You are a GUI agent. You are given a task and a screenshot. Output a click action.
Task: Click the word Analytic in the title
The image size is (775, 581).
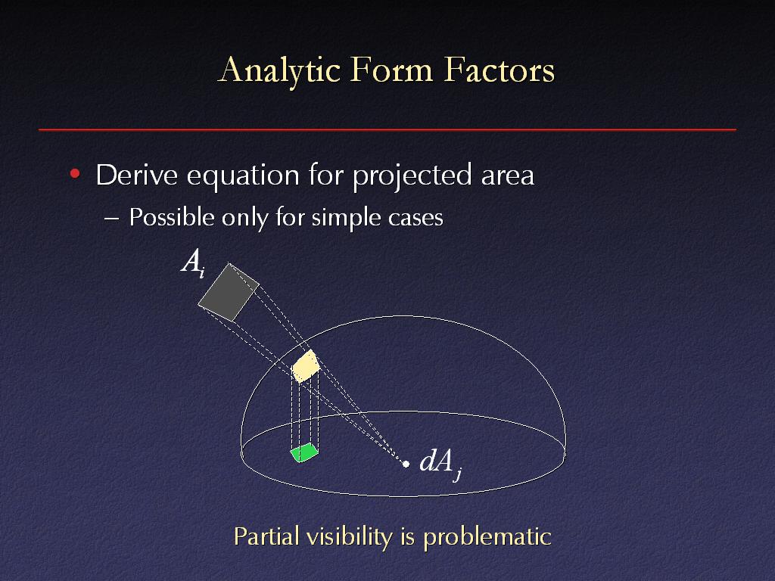pyautogui.click(x=279, y=70)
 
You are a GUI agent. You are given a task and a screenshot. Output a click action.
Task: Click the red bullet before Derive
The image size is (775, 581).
pyautogui.click(x=75, y=173)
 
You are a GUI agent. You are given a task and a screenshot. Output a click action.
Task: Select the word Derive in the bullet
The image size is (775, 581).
pyautogui.click(x=136, y=175)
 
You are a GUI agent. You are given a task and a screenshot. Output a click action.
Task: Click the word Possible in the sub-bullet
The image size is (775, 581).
pyautogui.click(x=172, y=217)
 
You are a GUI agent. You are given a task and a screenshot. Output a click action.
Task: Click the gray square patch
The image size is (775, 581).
pyautogui.click(x=229, y=293)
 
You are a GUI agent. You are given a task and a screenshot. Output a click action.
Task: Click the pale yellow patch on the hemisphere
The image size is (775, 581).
pyautogui.click(x=306, y=366)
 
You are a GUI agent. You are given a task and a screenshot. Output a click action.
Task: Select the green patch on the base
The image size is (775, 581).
pyautogui.click(x=304, y=452)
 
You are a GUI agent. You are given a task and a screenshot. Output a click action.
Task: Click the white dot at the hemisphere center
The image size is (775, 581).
pyautogui.click(x=406, y=464)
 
